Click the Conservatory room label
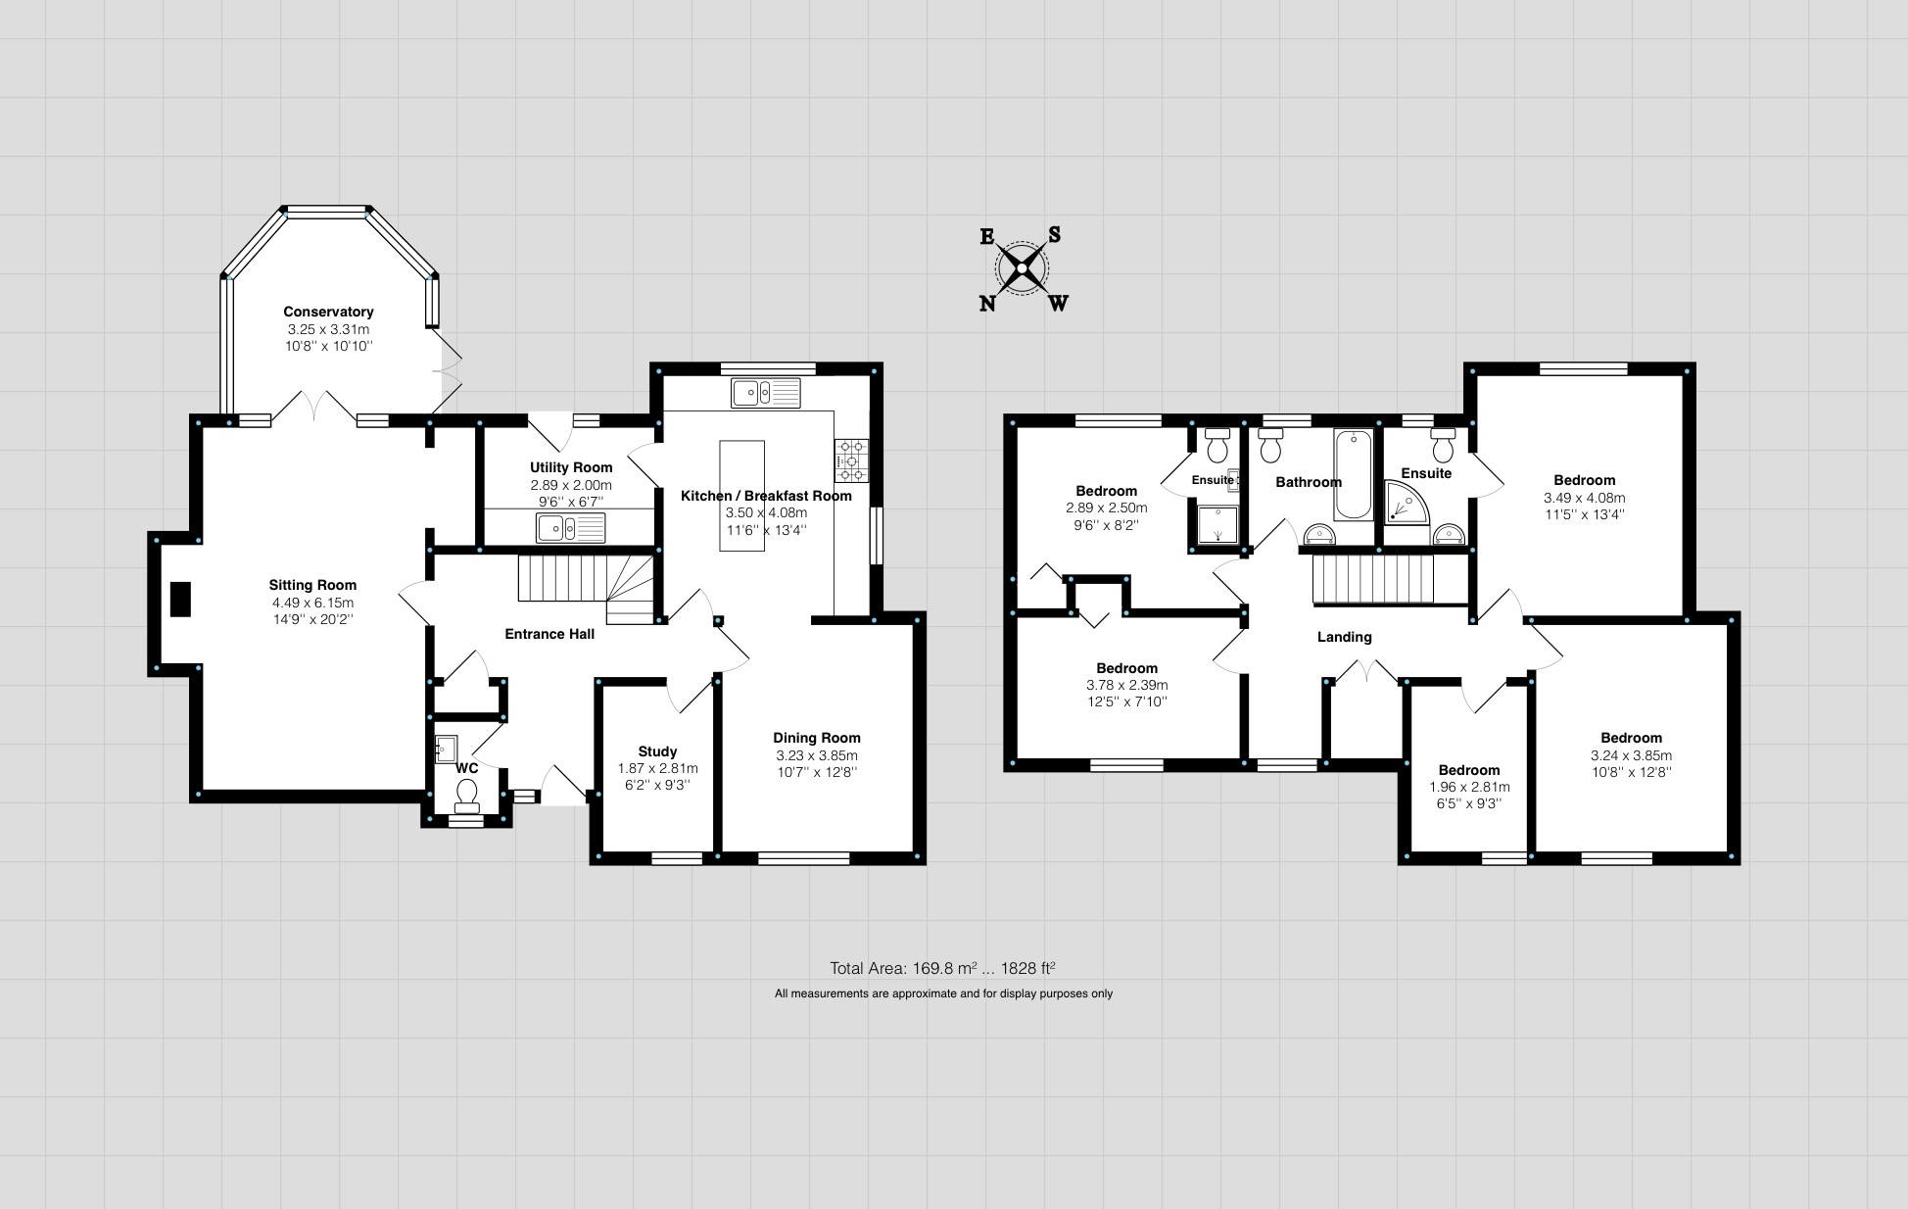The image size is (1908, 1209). tap(328, 312)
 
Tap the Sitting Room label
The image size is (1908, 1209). tap(312, 585)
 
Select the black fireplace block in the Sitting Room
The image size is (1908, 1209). tap(180, 600)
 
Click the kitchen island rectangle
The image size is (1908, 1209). tap(741, 496)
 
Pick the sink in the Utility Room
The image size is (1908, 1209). tap(571, 528)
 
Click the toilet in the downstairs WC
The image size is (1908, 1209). tap(467, 795)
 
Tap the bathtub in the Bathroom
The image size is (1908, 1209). tap(1353, 474)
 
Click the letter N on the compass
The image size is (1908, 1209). tap(988, 304)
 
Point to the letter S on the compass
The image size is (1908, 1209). tap(1054, 234)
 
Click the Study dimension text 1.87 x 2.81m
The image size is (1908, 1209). tap(658, 769)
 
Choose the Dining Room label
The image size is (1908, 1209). tap(817, 738)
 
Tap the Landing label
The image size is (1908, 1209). tap(1345, 637)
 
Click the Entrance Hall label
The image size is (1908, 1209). tap(549, 634)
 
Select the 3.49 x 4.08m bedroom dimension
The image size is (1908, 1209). tap(1584, 498)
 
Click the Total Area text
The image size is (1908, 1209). tap(942, 969)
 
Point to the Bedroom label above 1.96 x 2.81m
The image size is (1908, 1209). tap(1469, 770)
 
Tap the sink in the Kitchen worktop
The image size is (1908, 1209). tap(766, 393)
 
